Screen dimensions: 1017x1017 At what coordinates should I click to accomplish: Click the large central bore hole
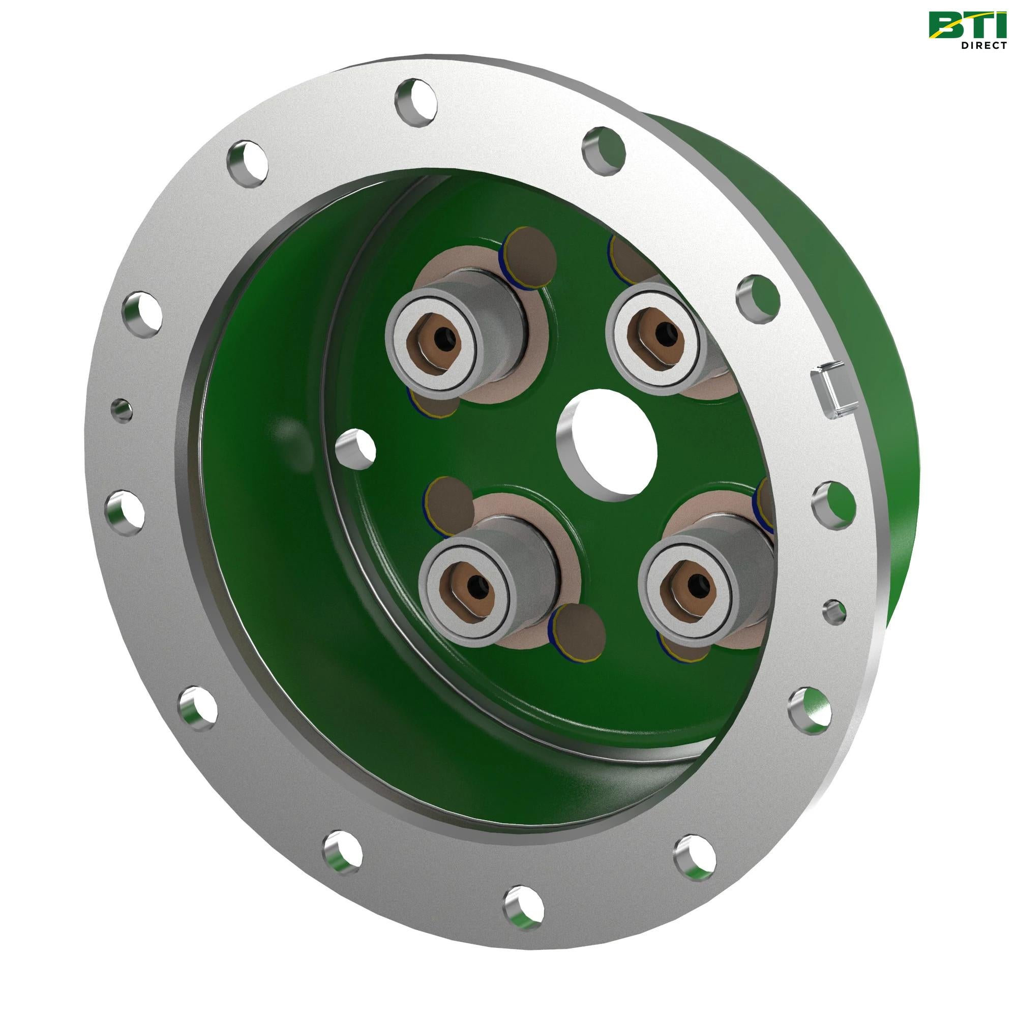tap(607, 441)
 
